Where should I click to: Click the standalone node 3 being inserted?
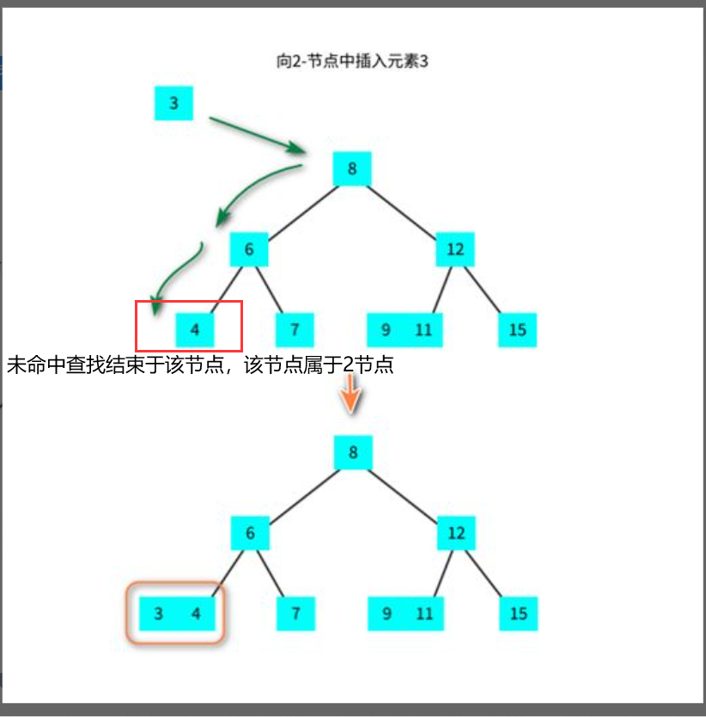point(173,104)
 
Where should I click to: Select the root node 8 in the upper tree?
point(352,169)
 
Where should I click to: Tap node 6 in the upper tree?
point(249,250)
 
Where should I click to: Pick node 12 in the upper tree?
point(455,250)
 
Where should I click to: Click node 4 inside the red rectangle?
point(195,329)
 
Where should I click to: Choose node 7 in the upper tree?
point(295,329)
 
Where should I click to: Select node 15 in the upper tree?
point(518,329)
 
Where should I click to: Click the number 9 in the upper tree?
point(386,329)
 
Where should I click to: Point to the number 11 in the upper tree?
point(423,329)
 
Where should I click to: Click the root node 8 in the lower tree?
point(353,452)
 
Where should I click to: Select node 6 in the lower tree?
point(250,533)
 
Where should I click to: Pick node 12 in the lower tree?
point(456,533)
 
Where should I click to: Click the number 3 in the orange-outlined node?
point(158,614)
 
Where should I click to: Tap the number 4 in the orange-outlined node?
point(196,614)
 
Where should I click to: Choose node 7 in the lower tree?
point(295,614)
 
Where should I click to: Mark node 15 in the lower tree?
point(519,614)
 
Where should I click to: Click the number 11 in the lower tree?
point(424,614)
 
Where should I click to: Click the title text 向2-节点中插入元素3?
point(351,61)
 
